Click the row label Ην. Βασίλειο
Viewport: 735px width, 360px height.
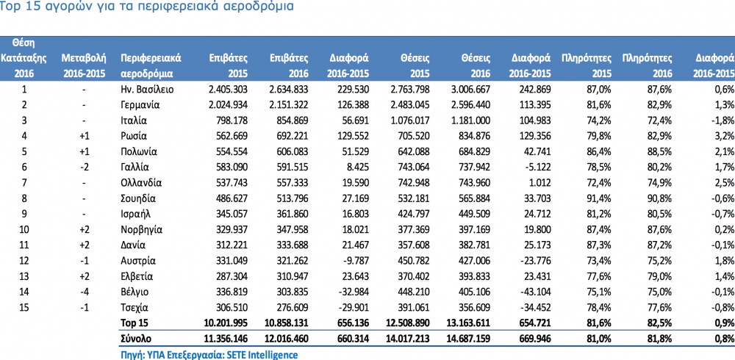point(147,89)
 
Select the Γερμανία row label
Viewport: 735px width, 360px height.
point(140,105)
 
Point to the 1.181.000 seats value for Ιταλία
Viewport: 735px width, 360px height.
point(471,120)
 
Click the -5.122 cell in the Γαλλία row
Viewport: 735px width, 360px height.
point(537,168)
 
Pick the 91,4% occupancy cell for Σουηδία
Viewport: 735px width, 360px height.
point(598,199)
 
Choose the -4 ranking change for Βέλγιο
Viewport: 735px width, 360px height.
point(83,292)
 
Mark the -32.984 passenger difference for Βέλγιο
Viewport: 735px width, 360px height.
point(354,292)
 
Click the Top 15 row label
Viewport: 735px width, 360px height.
point(134,323)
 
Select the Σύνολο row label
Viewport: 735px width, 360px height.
point(136,339)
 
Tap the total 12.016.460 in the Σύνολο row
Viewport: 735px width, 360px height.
point(287,339)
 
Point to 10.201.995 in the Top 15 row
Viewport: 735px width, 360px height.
point(226,323)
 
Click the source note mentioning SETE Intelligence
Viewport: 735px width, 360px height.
point(209,355)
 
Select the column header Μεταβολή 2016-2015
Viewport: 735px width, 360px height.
point(84,66)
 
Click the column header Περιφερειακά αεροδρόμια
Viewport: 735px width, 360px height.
point(151,66)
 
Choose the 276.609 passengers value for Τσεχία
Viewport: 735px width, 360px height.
point(292,308)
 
